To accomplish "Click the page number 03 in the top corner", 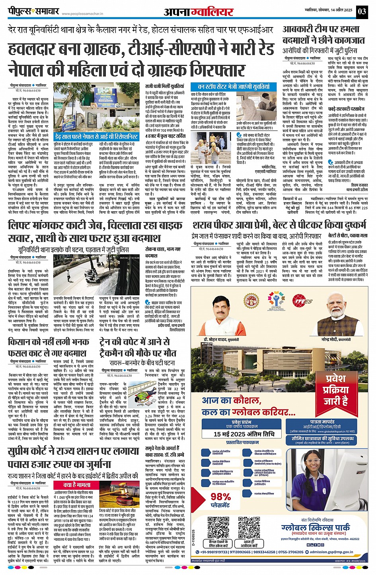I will click(x=362, y=11).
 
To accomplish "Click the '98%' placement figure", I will click(x=221, y=497).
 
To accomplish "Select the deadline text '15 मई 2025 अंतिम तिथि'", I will click(x=244, y=434).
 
